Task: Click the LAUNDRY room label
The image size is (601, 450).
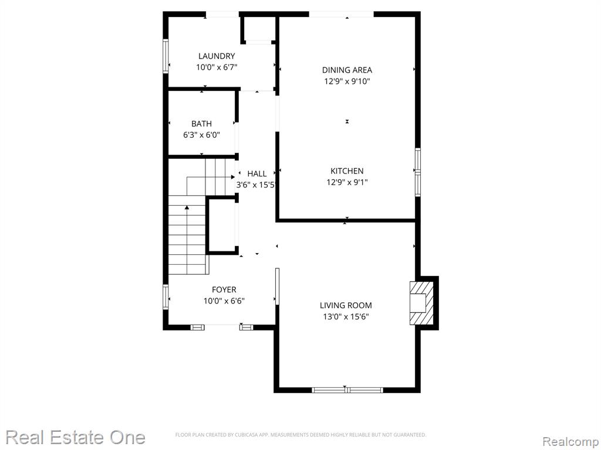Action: (217, 56)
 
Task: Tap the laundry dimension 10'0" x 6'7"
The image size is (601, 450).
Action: (217, 67)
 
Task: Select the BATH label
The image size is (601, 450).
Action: (202, 124)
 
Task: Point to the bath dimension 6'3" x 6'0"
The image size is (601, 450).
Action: (202, 135)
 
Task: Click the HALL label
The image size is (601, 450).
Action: (257, 173)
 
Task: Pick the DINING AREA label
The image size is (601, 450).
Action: (347, 70)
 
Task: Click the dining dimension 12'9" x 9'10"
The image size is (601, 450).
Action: (347, 81)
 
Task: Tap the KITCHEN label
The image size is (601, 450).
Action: (347, 171)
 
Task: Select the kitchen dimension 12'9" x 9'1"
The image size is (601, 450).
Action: (347, 182)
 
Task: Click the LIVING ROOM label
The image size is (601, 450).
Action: (346, 305)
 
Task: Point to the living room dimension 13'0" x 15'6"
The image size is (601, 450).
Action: (346, 316)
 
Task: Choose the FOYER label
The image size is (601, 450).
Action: (224, 289)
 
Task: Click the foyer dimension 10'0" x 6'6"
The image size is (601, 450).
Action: (224, 301)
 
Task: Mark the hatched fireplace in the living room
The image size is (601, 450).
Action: (421, 303)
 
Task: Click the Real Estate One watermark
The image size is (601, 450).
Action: (76, 437)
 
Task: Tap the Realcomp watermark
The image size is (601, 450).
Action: (571, 441)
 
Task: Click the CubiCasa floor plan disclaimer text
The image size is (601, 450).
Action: (301, 435)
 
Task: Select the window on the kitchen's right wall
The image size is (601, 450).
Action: (418, 172)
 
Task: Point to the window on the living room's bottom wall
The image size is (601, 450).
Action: (347, 390)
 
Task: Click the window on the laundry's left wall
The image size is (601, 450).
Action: (166, 56)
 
